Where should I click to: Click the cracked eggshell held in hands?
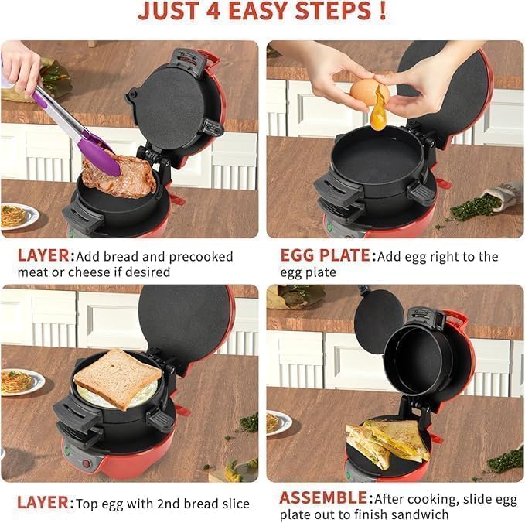(369, 92)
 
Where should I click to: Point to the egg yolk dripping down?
(378, 118)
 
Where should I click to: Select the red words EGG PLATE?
(324, 256)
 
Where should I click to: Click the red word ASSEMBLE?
(323, 497)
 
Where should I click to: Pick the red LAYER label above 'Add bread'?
(45, 256)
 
